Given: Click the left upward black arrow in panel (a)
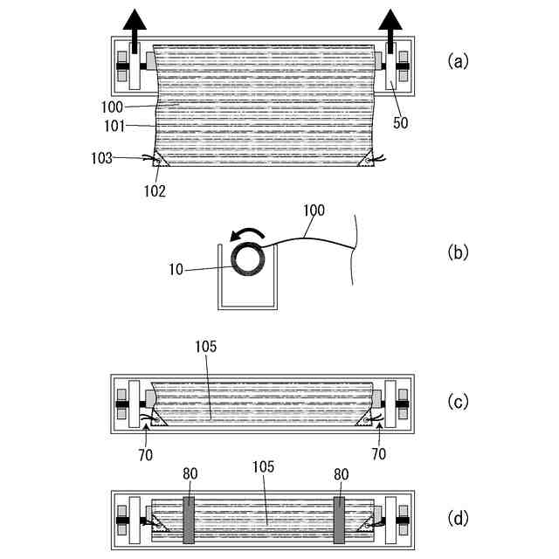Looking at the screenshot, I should (x=135, y=23).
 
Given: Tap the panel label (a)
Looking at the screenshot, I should (x=458, y=61).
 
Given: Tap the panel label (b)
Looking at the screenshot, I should (x=458, y=252).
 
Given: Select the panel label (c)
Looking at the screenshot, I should (x=458, y=402).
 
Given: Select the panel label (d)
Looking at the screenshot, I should (x=458, y=518).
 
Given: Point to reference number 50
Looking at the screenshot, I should (x=400, y=123).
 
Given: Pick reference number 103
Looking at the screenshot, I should (x=103, y=157).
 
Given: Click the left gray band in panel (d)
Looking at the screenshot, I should (x=189, y=521).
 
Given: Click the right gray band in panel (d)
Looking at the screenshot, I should (x=340, y=521).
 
